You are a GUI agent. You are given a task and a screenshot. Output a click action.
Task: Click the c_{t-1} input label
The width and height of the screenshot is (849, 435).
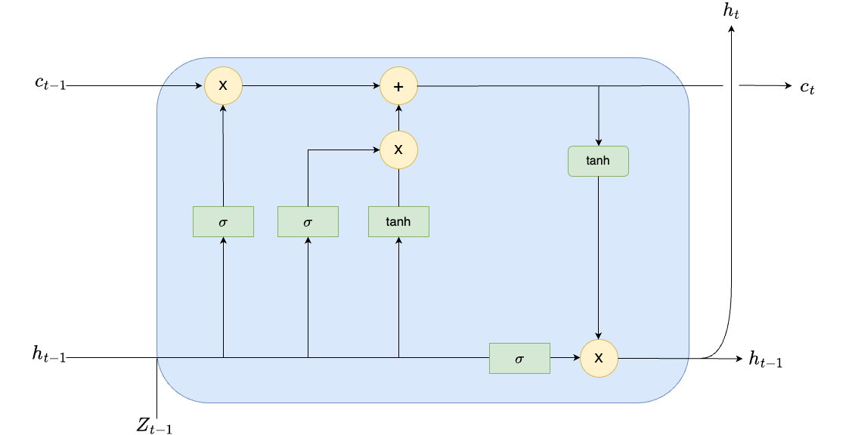coord(50,84)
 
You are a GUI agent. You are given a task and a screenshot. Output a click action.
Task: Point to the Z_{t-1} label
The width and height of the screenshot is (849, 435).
coord(154,425)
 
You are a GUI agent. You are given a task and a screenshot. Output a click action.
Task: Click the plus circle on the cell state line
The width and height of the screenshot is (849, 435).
coord(398,86)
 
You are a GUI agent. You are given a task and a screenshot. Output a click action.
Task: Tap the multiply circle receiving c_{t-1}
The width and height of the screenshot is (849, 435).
coord(223,86)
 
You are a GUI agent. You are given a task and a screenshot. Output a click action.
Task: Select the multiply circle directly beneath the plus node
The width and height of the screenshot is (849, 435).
coord(398,150)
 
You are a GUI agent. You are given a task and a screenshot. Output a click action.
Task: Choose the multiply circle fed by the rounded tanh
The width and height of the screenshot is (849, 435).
coord(599,357)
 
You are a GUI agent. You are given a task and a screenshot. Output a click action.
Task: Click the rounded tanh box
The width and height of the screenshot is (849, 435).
coord(598,161)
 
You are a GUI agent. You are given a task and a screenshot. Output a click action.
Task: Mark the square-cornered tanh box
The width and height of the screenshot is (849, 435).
coord(398,221)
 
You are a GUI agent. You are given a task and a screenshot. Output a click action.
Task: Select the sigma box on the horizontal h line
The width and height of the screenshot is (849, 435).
coord(519,358)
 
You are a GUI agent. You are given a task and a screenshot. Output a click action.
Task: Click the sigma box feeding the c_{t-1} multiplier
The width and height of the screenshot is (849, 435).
coord(223,221)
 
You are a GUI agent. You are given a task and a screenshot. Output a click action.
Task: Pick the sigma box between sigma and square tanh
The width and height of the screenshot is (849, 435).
coord(308,221)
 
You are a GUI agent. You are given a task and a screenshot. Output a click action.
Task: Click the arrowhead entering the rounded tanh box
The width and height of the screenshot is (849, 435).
coord(599,142)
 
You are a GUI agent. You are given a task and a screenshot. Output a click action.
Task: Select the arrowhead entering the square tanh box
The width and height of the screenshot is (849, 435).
coord(398,240)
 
